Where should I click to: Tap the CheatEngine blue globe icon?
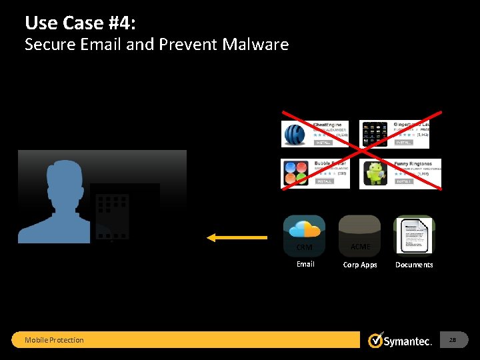(295, 134)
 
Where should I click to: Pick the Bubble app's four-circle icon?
(295, 174)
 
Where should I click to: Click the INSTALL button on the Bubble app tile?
(325, 181)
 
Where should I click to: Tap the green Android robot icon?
(375, 174)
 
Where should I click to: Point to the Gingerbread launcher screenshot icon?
(374, 134)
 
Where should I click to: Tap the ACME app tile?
(360, 235)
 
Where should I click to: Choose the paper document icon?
(414, 235)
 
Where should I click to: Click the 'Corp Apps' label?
(360, 265)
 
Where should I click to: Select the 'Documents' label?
(414, 265)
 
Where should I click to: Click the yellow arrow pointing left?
(237, 237)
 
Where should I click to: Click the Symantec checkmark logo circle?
(376, 341)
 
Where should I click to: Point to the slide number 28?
(453, 341)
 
